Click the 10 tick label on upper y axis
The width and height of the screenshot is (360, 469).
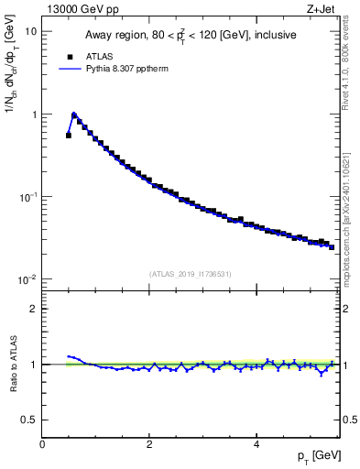(30, 31)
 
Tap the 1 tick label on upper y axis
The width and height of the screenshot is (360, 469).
(33, 115)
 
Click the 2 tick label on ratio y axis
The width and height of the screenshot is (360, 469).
(33, 309)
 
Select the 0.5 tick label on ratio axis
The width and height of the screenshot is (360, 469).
(29, 420)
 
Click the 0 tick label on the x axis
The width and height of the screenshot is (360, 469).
(42, 444)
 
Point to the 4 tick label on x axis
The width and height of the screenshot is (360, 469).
(256, 444)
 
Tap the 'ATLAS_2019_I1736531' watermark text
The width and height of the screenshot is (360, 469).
(190, 274)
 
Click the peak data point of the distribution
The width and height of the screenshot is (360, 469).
(74, 115)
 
